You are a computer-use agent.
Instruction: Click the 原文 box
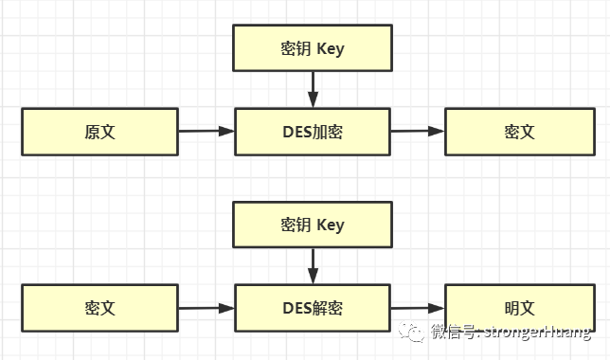[99, 132]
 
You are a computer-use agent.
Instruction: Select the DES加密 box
[313, 132]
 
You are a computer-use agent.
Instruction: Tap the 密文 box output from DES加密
[520, 132]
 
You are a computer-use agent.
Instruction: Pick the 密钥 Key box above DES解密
[313, 225]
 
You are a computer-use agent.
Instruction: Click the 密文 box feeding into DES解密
[99, 308]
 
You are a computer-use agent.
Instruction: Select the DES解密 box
[313, 308]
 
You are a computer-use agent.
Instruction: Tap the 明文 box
[520, 308]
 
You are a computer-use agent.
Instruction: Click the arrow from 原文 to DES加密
[206, 132]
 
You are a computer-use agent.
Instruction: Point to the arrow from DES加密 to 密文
[417, 132]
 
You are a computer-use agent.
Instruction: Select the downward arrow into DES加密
[313, 91]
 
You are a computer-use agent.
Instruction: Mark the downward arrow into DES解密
[313, 266]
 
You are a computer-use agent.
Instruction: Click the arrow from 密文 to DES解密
[206, 308]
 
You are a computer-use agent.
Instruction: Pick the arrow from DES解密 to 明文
[417, 308]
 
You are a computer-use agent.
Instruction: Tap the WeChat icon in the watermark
[411, 332]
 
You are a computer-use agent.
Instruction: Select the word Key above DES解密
[331, 225]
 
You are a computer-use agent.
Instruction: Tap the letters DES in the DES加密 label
[296, 132]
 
